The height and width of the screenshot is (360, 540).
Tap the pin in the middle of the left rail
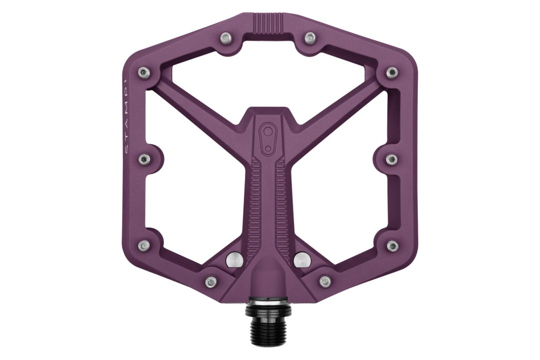tap(145, 159)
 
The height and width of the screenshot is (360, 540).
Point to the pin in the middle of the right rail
tap(392, 159)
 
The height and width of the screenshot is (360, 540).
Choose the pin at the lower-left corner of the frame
tap(145, 246)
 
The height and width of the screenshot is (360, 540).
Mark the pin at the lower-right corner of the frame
tap(392, 246)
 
